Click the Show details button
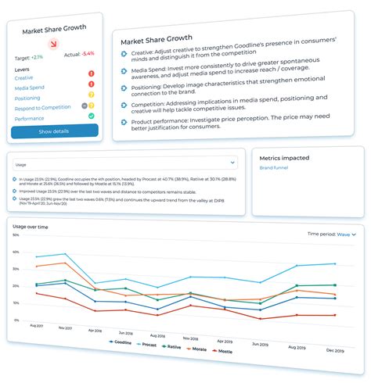(x=54, y=131)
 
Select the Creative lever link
(x=24, y=78)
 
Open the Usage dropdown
(x=124, y=163)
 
